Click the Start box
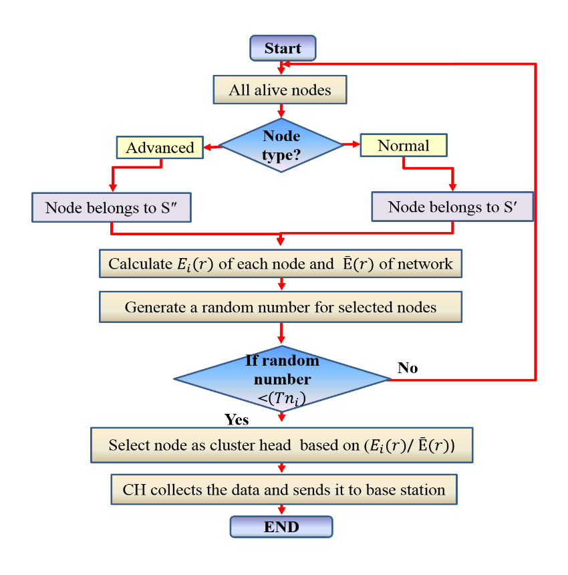(282, 48)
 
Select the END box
(281, 527)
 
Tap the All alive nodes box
(280, 90)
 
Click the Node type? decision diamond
(281, 144)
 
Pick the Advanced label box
(160, 147)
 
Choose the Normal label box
(403, 146)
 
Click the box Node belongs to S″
(112, 208)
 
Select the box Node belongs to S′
(452, 207)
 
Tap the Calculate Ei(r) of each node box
(281, 263)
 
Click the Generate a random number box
(281, 308)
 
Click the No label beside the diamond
(408, 368)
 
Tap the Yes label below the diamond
(237, 420)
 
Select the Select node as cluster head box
(281, 445)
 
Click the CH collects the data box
(283, 489)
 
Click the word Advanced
(160, 147)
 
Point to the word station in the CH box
(421, 490)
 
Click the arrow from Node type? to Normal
(351, 144)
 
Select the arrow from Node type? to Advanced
(211, 146)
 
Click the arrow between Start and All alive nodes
(281, 68)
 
